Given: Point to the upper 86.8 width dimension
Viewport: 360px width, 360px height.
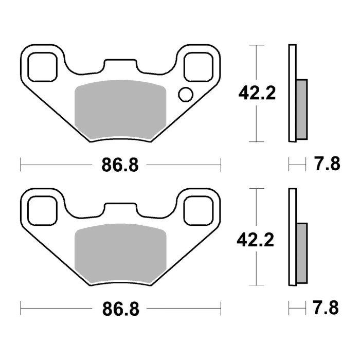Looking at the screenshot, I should (x=120, y=165).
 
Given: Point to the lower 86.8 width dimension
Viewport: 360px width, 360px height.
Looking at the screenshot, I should (x=120, y=309).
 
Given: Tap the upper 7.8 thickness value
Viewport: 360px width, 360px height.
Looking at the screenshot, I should (x=327, y=165).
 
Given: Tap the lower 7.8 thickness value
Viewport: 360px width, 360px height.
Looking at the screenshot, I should (x=327, y=309).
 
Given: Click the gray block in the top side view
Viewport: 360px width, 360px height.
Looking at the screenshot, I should (x=301, y=109).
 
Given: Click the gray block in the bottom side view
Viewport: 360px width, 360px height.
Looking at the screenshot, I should (x=301, y=253).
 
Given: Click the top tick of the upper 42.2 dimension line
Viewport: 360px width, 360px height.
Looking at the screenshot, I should (x=256, y=45).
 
